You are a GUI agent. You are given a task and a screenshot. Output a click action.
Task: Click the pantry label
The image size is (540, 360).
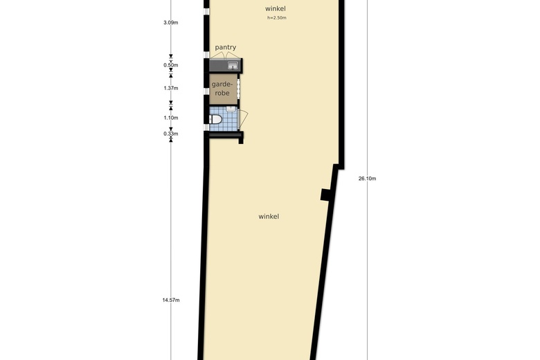click(x=225, y=48)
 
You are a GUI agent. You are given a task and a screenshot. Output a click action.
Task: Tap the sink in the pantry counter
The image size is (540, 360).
click(x=233, y=66)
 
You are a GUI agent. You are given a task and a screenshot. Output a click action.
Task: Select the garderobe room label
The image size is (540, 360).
click(x=222, y=88)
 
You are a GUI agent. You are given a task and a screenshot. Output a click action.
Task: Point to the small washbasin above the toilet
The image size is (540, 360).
click(x=231, y=109)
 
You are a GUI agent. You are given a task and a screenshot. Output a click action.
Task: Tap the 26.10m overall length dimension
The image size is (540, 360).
click(x=367, y=179)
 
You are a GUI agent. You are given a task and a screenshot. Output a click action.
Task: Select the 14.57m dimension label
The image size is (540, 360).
click(x=171, y=300)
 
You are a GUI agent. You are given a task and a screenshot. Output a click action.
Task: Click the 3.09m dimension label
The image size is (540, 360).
click(x=171, y=23)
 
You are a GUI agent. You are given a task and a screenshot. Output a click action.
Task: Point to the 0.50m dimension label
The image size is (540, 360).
click(x=171, y=66)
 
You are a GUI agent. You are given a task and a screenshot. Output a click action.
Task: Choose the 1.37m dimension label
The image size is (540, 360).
click(x=171, y=88)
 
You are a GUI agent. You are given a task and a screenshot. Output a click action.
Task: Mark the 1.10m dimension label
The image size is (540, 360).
click(x=171, y=118)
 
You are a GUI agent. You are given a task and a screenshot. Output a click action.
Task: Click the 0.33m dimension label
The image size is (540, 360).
click(x=171, y=134)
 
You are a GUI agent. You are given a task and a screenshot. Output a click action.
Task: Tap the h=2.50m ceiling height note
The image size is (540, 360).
click(x=277, y=17)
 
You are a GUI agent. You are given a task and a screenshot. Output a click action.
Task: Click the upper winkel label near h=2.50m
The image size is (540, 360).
click(x=276, y=8)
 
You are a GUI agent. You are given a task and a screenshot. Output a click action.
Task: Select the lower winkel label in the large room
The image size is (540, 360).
click(x=269, y=217)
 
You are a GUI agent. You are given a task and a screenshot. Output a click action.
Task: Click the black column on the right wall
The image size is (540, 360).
click(x=325, y=195)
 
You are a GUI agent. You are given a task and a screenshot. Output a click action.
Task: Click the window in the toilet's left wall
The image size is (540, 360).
click(x=206, y=127)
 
